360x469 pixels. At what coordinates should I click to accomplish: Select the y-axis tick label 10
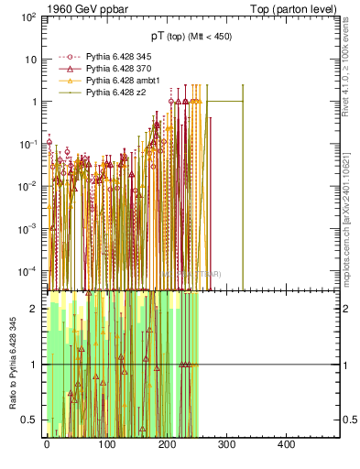click(31, 60)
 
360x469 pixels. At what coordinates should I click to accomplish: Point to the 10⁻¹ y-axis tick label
click(28, 144)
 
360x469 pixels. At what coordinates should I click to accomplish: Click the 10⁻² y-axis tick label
click(28, 186)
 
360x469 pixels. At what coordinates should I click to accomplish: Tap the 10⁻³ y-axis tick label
click(28, 228)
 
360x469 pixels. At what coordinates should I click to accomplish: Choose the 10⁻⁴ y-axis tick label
click(28, 270)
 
